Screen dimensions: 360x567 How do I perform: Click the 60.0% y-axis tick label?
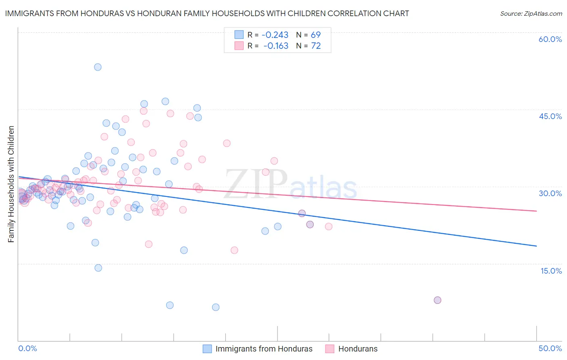[x=550, y=39]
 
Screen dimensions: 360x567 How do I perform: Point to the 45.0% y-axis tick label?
[x=550, y=116]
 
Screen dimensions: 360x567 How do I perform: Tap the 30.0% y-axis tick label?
[x=550, y=193]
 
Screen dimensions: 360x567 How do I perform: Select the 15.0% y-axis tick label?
[x=551, y=271]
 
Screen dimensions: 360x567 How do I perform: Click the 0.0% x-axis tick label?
[x=27, y=348]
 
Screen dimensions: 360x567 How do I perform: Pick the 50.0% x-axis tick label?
[x=550, y=348]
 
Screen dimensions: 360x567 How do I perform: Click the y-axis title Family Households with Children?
[x=11, y=184]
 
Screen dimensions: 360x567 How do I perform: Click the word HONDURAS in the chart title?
[x=89, y=13]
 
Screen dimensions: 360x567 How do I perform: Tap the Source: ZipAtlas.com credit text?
[x=531, y=14]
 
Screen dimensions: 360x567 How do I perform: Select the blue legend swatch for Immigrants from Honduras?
[x=207, y=349]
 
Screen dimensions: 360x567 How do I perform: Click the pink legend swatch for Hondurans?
[x=330, y=349]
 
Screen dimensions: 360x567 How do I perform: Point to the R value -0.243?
[x=276, y=35]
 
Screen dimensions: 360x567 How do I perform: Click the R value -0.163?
[x=276, y=46]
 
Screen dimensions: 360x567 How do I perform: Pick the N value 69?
[x=316, y=35]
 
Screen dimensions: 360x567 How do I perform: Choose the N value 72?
[x=316, y=46]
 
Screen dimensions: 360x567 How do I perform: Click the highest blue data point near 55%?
[x=98, y=67]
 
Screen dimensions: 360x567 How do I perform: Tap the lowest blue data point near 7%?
[x=216, y=307]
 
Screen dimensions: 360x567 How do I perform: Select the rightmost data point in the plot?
[x=438, y=300]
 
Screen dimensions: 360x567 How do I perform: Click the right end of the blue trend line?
[x=536, y=246]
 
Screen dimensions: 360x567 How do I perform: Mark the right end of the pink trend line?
[x=536, y=211]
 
